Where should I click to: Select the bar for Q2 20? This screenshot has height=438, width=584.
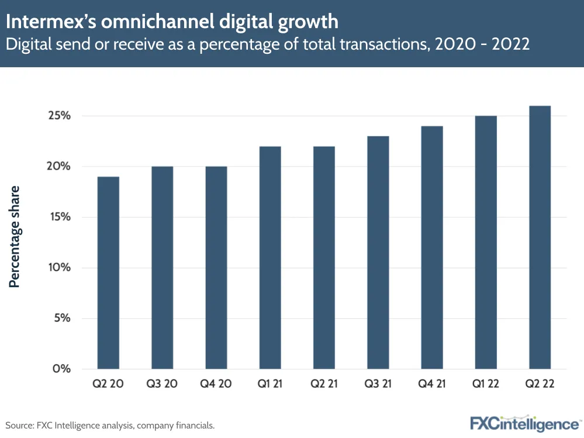coord(108,273)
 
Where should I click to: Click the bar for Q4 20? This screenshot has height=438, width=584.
coord(216,267)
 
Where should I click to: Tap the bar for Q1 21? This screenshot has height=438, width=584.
coord(270,257)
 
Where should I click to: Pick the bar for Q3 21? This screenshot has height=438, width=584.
coord(378,252)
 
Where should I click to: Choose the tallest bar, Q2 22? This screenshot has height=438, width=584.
coord(540,237)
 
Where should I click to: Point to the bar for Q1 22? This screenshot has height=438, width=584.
coord(486,242)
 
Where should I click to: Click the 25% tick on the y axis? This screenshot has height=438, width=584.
coord(60,116)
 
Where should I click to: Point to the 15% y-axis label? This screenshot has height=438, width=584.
coord(60,217)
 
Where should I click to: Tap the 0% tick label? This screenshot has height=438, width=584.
coord(62,369)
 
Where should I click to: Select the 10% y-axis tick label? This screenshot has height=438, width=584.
coord(60,268)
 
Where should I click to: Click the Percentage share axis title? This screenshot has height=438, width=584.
coord(15,236)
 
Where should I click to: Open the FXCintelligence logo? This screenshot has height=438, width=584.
coord(526,423)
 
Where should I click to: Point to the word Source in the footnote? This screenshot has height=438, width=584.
coord(19,425)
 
